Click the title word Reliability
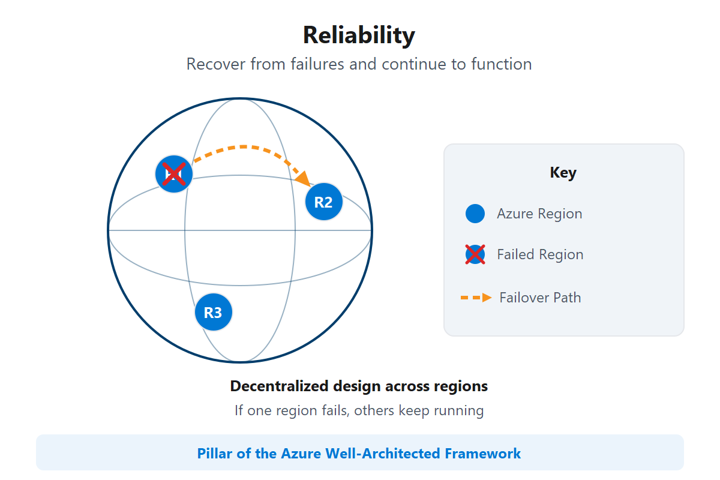coord(359,35)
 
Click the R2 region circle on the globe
coord(323,202)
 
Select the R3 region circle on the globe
coord(213,313)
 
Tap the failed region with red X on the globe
coord(173,175)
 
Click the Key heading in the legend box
coord(563,173)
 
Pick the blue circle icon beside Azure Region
coord(475,214)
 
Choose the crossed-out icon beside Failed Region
coord(475,254)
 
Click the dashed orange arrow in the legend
coord(476,298)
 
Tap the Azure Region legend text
coord(539,214)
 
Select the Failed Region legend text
coord(540,254)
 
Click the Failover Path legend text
coord(540,298)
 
